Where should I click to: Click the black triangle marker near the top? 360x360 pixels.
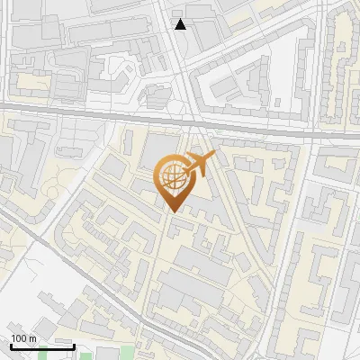tap(181, 24)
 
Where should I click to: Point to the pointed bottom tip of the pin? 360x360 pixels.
tap(174, 211)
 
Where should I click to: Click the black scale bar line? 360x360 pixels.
tap(42, 347)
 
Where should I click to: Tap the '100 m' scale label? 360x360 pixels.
tap(23, 338)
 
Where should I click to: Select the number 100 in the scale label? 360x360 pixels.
tap(19, 338)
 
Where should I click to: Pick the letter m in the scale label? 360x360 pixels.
tap(32, 338)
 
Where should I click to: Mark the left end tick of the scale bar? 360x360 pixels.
tap(11, 346)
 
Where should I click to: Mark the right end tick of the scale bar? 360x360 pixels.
tap(75, 346)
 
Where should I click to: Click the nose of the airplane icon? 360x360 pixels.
tap(214, 156)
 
